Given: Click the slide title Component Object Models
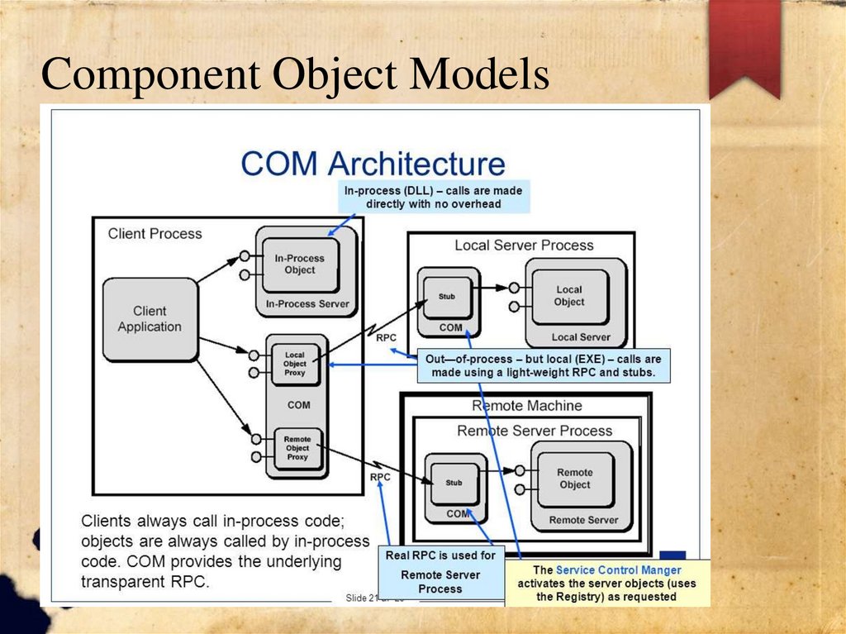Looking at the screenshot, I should point(296,75).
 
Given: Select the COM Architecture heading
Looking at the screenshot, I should point(373,163).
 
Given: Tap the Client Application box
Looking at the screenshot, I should point(150,319).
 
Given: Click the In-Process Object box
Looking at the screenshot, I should point(300,265).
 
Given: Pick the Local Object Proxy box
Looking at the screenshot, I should point(295,364).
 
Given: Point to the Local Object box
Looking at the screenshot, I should point(569,296).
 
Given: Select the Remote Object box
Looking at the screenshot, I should point(575,479).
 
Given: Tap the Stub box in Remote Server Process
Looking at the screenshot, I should point(454,483).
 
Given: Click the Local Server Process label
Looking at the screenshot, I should point(524,245).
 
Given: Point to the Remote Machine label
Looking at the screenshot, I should point(527,406).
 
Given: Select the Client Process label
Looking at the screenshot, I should point(154,234).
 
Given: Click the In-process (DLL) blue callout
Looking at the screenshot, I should point(433,197).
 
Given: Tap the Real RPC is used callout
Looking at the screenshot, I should point(440,571).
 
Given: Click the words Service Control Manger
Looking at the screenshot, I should point(619,570).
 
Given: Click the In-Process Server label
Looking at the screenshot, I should point(307,304).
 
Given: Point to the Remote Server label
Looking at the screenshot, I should point(583,520).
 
